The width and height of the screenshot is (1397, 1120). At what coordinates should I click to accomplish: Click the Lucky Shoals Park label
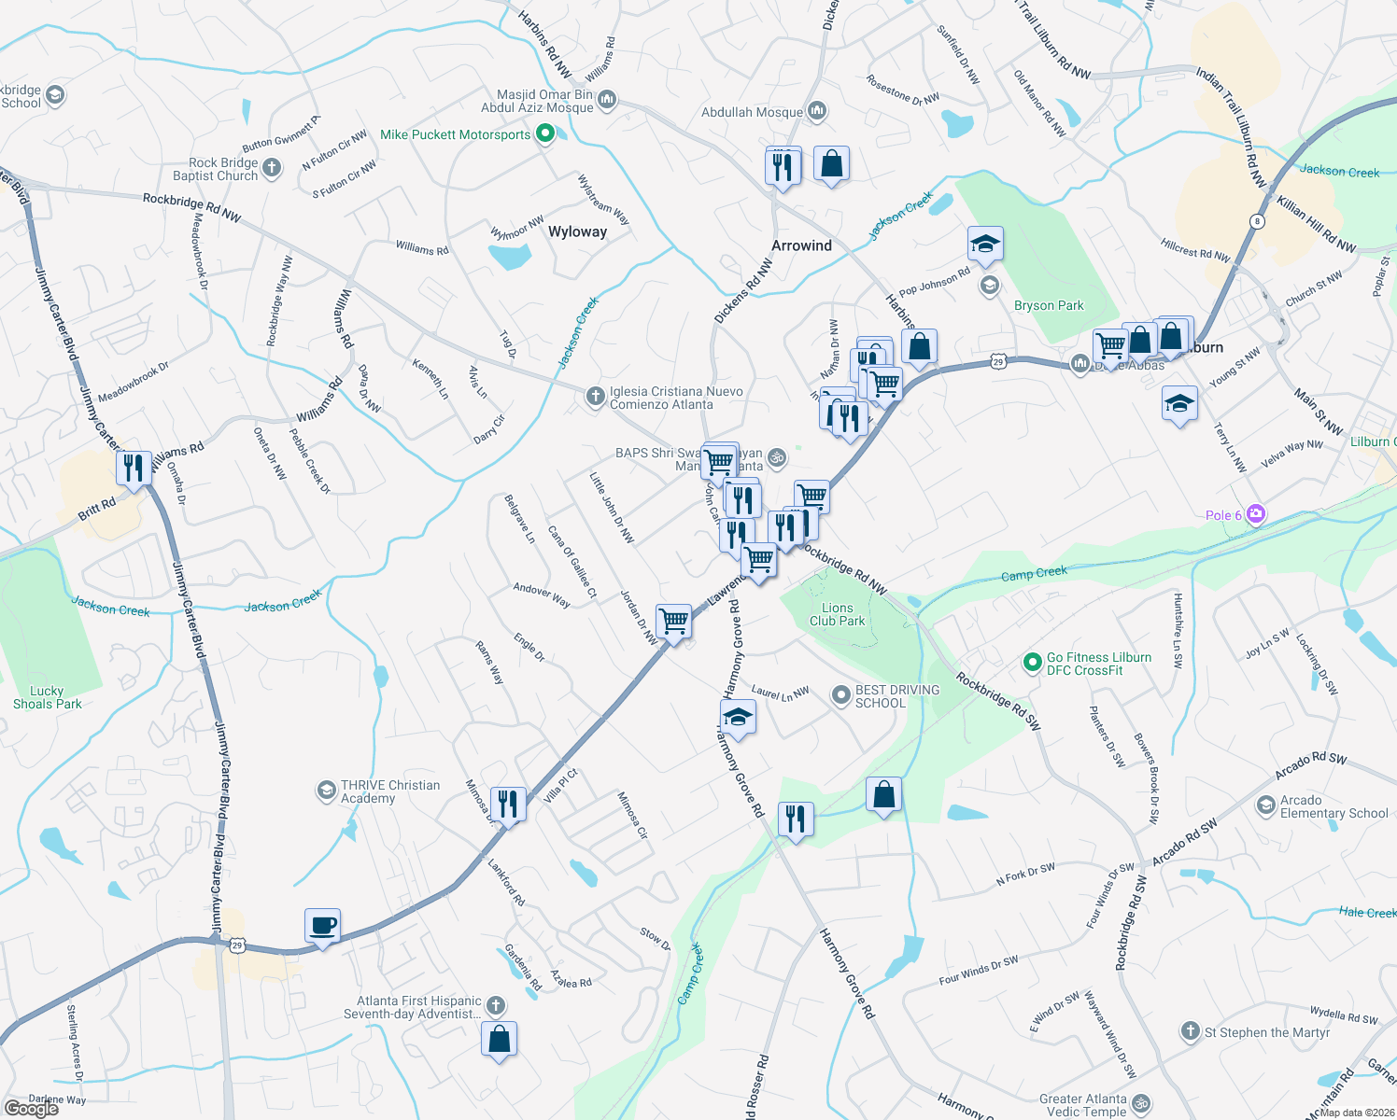[x=47, y=697]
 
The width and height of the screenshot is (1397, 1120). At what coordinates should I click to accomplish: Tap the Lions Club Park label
[x=837, y=614]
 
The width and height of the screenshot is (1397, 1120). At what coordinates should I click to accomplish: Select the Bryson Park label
[x=1049, y=305]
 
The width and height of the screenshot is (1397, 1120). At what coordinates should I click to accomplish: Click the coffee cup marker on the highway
[x=322, y=926]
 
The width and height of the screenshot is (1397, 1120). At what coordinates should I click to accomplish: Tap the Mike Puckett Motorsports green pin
[x=545, y=134]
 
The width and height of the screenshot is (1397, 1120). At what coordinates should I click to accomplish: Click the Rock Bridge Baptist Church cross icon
[x=272, y=168]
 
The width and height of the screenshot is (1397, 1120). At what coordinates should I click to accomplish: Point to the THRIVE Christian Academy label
[x=389, y=791]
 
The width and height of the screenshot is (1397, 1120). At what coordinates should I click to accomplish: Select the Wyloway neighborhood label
[x=577, y=231]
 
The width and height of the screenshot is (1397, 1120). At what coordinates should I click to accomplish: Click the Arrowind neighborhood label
[x=801, y=245]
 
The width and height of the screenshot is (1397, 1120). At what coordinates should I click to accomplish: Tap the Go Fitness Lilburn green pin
[x=1032, y=663]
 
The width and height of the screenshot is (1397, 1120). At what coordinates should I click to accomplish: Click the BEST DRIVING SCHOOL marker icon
[x=841, y=695]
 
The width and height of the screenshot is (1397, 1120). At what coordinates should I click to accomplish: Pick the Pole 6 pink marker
[x=1256, y=514]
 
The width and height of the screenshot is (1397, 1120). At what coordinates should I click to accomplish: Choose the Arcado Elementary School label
[x=1333, y=806]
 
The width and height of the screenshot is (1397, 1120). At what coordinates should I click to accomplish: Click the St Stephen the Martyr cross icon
[x=1190, y=1031]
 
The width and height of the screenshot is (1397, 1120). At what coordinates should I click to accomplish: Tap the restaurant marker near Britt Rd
[x=134, y=467]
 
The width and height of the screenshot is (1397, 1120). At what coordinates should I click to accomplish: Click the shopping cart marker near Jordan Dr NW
[x=673, y=621]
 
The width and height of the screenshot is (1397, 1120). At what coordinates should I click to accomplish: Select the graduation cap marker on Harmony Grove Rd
[x=738, y=718]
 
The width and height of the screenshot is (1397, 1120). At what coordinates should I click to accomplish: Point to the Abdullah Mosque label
[x=752, y=112]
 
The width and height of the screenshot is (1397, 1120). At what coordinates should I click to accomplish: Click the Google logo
[x=32, y=1109]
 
